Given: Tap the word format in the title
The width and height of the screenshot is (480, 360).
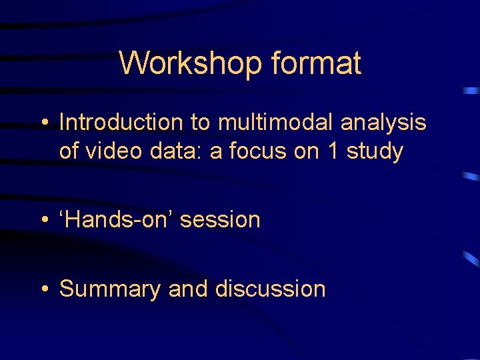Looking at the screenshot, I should (316, 64).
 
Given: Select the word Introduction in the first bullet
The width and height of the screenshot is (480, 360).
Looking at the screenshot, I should (121, 123).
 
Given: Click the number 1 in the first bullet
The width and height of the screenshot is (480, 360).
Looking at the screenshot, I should (332, 151).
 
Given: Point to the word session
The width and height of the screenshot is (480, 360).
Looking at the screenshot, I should (221, 219).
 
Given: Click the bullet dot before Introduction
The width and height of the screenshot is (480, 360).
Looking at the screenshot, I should (44, 123).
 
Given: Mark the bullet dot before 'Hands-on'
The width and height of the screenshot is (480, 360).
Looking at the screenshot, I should (44, 220).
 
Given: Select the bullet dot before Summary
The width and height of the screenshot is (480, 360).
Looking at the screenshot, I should (44, 289).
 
